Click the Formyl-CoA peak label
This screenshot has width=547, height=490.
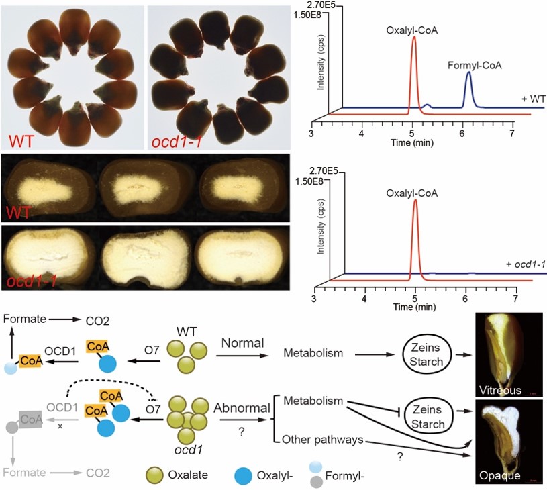pyautogui.click(x=475, y=65)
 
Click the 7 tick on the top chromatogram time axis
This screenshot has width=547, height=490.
pyautogui.click(x=512, y=134)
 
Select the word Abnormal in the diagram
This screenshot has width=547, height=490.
pyautogui.click(x=240, y=407)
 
